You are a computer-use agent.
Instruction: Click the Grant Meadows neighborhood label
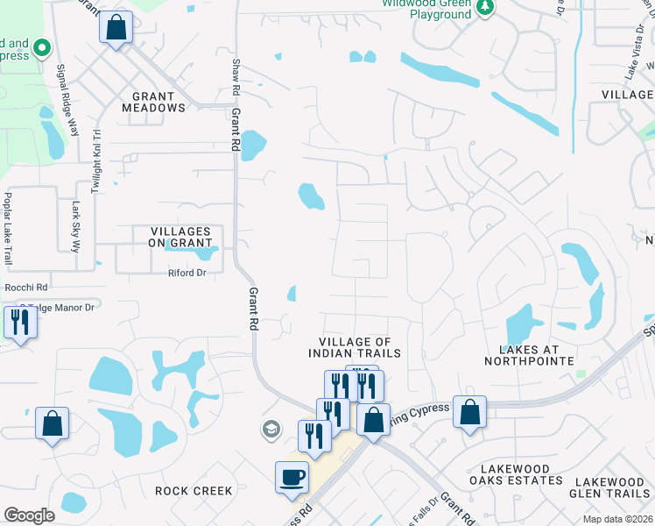[159, 101]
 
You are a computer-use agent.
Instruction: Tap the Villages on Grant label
[173, 237]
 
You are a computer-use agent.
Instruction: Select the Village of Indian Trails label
[354, 347]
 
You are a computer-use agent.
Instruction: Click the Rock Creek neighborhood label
[194, 491]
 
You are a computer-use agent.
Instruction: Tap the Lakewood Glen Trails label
[612, 487]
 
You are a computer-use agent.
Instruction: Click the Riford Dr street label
[186, 274]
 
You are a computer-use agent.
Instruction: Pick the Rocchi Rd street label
[26, 287]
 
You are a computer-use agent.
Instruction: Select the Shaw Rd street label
[235, 77]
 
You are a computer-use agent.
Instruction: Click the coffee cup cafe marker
[292, 478]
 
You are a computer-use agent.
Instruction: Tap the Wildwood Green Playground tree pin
[485, 7]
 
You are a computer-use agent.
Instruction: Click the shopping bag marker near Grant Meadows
[116, 26]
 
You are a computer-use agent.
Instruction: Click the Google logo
[29, 515]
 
